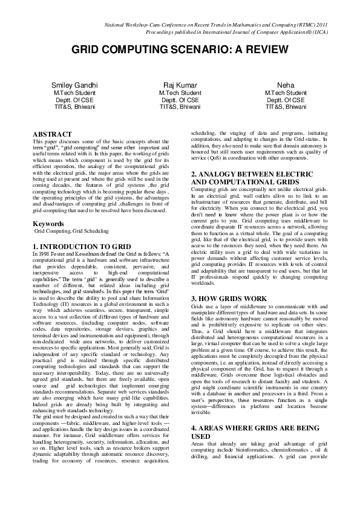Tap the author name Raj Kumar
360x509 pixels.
coord(180,85)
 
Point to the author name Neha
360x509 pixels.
coord(286,85)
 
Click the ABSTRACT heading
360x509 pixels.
coord(53,132)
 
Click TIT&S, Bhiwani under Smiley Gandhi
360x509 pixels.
coord(71,106)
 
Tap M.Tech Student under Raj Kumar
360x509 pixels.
coord(180,92)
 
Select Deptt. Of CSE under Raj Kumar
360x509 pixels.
coord(180,99)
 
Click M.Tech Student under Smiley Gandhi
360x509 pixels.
coord(71,92)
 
